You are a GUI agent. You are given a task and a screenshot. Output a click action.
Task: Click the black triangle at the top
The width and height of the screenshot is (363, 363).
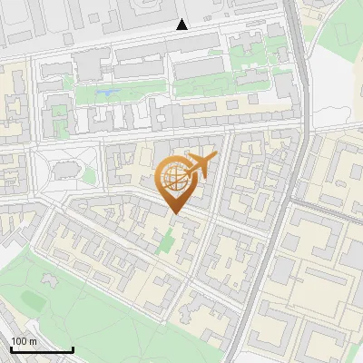[x=182, y=25]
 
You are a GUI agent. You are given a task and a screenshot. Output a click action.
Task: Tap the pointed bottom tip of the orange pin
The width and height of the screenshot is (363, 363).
[x=174, y=214]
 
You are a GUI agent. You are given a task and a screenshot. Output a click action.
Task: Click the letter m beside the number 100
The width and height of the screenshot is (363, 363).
[x=34, y=341]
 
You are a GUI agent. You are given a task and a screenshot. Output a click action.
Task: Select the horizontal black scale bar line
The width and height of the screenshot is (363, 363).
[x=42, y=350]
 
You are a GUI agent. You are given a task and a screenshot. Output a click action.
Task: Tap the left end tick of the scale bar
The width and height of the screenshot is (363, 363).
[x=11, y=348]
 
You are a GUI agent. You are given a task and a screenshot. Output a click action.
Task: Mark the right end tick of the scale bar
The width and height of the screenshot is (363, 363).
[x=73, y=348]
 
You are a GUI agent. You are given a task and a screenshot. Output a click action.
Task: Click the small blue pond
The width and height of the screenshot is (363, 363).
[x=106, y=92]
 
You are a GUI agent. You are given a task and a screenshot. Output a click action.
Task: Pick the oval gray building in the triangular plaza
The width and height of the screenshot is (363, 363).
[x=64, y=169]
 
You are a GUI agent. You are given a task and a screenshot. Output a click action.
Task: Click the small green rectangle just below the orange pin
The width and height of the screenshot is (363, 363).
[x=165, y=241]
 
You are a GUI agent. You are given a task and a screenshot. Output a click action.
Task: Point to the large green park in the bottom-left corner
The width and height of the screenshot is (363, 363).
[x=82, y=309]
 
